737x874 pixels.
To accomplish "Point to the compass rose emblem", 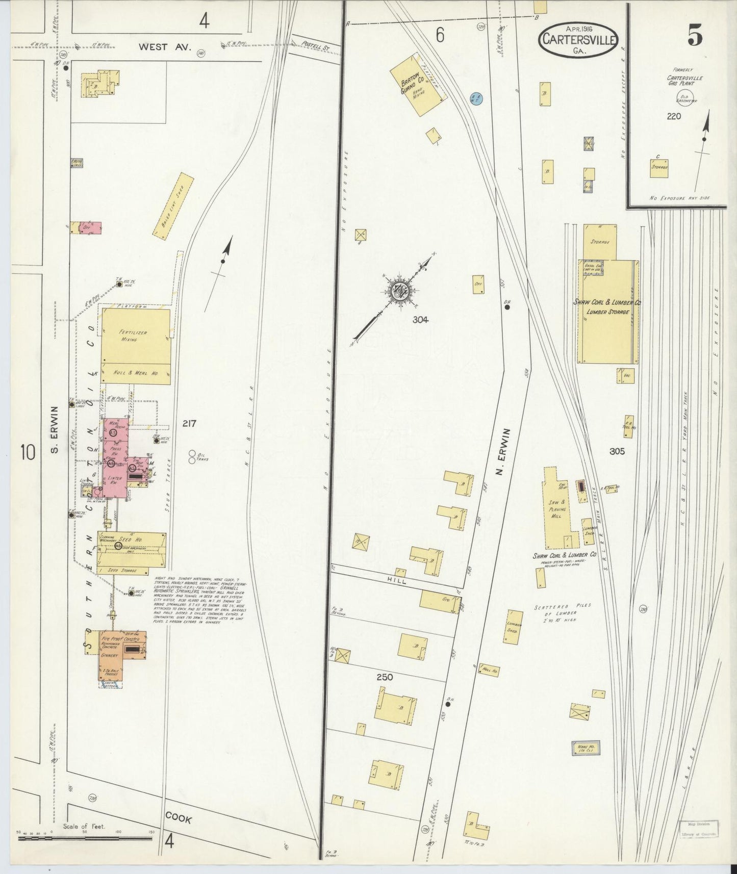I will [399, 292].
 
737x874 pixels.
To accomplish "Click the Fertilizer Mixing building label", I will [133, 336].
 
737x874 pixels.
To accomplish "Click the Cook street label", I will [179, 819].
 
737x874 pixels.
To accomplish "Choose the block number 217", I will [188, 423].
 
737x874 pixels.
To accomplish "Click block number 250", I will [385, 677].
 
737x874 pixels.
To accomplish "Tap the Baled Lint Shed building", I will [174, 207].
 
